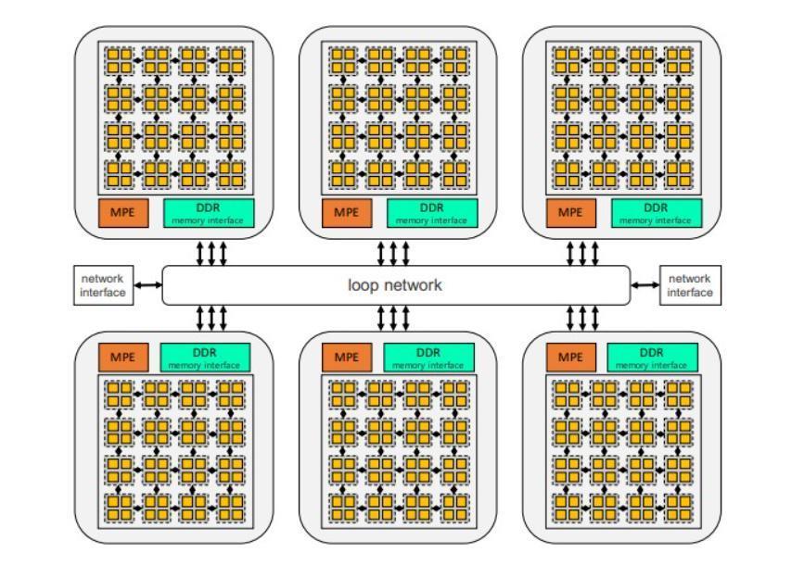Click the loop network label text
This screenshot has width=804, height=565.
point(395,285)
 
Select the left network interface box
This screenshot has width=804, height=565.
point(103,285)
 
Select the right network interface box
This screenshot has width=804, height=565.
point(689,285)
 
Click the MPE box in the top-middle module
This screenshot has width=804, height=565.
point(346,212)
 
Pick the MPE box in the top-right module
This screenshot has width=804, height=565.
point(570,212)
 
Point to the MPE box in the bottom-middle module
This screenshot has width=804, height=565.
point(346,357)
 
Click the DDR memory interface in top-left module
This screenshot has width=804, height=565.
point(209,212)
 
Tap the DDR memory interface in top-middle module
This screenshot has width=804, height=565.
point(432,212)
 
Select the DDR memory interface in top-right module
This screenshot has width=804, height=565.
point(657,212)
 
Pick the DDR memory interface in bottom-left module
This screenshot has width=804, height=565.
point(205,357)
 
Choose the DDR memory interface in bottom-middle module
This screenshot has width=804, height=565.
point(428,357)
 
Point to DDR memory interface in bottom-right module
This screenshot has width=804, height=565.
point(653,357)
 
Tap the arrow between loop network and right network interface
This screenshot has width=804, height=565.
point(644,285)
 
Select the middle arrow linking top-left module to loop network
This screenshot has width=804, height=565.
point(211,253)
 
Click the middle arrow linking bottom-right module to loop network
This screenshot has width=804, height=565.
point(582,318)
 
